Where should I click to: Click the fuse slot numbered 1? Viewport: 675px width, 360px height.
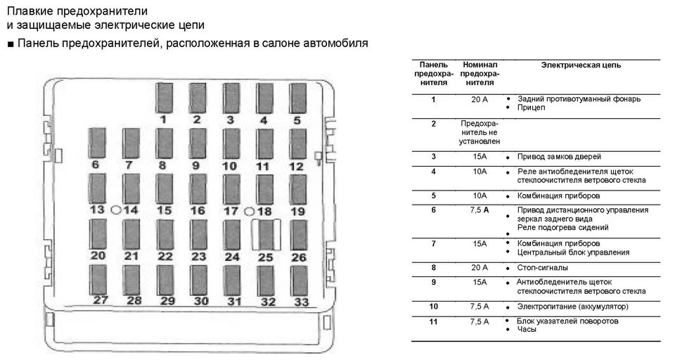[164, 98]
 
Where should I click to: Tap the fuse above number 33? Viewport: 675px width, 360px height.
[299, 281]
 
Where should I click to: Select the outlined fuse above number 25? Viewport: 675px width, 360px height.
[266, 235]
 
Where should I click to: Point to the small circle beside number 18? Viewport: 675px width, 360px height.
[249, 212]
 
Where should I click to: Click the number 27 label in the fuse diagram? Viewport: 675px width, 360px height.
[101, 300]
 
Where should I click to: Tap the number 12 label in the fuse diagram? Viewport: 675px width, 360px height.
[296, 166]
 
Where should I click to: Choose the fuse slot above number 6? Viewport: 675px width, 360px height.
[97, 143]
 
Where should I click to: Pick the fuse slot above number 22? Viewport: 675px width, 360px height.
[165, 235]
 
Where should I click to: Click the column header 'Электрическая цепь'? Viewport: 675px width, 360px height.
[581, 65]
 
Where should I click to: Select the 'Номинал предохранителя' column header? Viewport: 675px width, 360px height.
[480, 73]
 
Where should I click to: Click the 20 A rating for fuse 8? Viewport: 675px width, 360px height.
[480, 267]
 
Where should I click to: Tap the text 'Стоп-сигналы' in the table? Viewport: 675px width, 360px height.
[542, 268]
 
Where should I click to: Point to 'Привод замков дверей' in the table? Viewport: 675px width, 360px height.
[559, 157]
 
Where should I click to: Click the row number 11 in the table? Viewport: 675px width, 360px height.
[434, 321]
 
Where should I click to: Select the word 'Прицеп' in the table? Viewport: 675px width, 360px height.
[531, 108]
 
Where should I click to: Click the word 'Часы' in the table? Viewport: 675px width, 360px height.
[527, 330]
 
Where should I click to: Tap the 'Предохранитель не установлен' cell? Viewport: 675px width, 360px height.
[479, 132]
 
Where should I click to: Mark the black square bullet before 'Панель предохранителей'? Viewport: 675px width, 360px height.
[11, 44]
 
